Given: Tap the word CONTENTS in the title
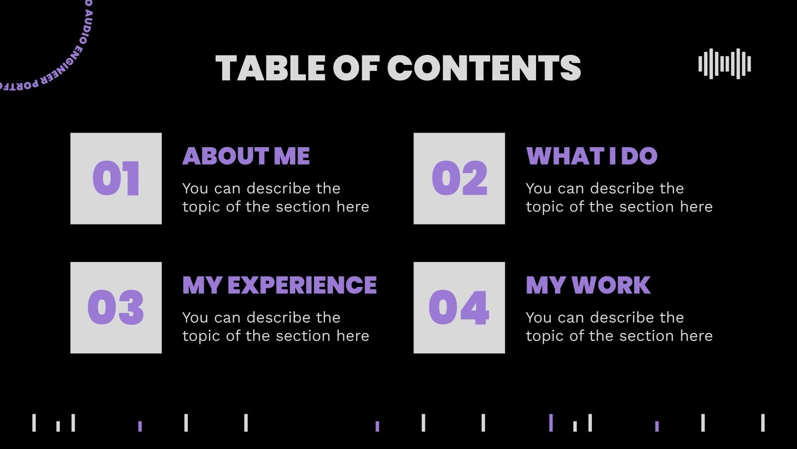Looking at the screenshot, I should coord(484,68).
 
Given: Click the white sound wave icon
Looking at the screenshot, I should coord(724,64).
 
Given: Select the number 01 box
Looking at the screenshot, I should coord(116,179).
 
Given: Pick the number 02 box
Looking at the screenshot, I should coord(459,179).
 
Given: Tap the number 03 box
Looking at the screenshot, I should coord(116,308).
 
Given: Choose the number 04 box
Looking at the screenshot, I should coord(459,308).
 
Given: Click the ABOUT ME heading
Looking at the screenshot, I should coord(246,156).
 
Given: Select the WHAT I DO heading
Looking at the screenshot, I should coord(592,156).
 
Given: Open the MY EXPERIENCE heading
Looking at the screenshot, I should coord(279,285).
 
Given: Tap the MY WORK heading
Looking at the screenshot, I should coord(588,285).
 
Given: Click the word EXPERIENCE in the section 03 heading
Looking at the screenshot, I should coord(302,285).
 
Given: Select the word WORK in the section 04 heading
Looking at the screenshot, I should coord(611,285).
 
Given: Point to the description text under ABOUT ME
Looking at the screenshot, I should coord(275,198).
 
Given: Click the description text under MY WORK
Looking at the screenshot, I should coord(619,327).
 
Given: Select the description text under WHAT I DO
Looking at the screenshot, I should coord(619,198).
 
